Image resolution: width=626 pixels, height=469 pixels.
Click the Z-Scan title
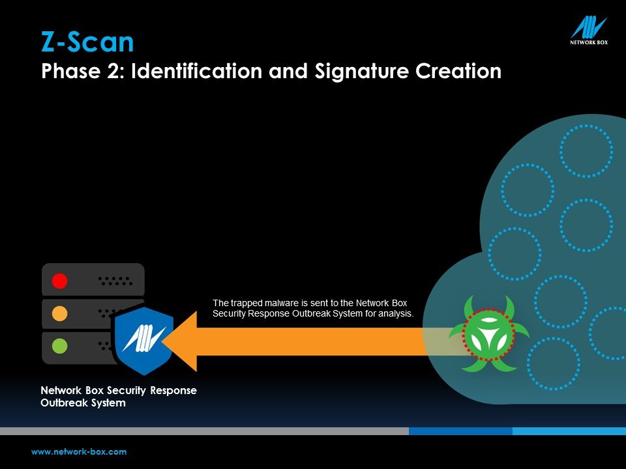[x=87, y=42]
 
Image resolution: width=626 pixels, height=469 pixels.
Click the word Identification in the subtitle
[x=196, y=71]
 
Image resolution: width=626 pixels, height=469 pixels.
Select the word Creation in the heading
[x=458, y=71]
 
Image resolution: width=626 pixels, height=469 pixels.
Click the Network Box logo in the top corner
[x=588, y=31]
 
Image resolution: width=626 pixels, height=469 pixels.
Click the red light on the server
[x=60, y=281]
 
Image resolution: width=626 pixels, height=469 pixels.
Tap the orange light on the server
[x=60, y=313]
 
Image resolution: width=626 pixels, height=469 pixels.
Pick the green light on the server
[x=60, y=346]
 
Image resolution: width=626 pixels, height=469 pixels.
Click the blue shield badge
[x=143, y=341]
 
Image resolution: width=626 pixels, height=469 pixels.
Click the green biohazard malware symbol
[x=488, y=334]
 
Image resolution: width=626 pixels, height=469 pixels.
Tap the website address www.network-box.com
[x=79, y=452]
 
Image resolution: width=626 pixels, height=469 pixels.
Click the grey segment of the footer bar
[x=204, y=431]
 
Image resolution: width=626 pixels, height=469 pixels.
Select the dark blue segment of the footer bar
[x=461, y=431]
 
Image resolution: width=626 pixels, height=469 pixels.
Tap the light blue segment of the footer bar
[x=569, y=431]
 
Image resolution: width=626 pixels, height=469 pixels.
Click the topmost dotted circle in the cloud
[x=586, y=125]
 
